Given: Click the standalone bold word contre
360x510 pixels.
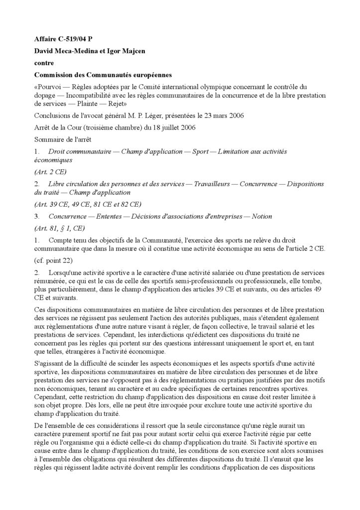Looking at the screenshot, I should pos(44,63).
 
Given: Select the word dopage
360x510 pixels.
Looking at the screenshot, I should pos(46,95).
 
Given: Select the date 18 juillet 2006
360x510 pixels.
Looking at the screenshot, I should pos(173,127).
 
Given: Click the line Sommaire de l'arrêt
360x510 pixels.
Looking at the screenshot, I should pos(63,139).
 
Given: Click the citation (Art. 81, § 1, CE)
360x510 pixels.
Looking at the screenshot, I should pos(59,229).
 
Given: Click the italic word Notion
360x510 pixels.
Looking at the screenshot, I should pos(262,216).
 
